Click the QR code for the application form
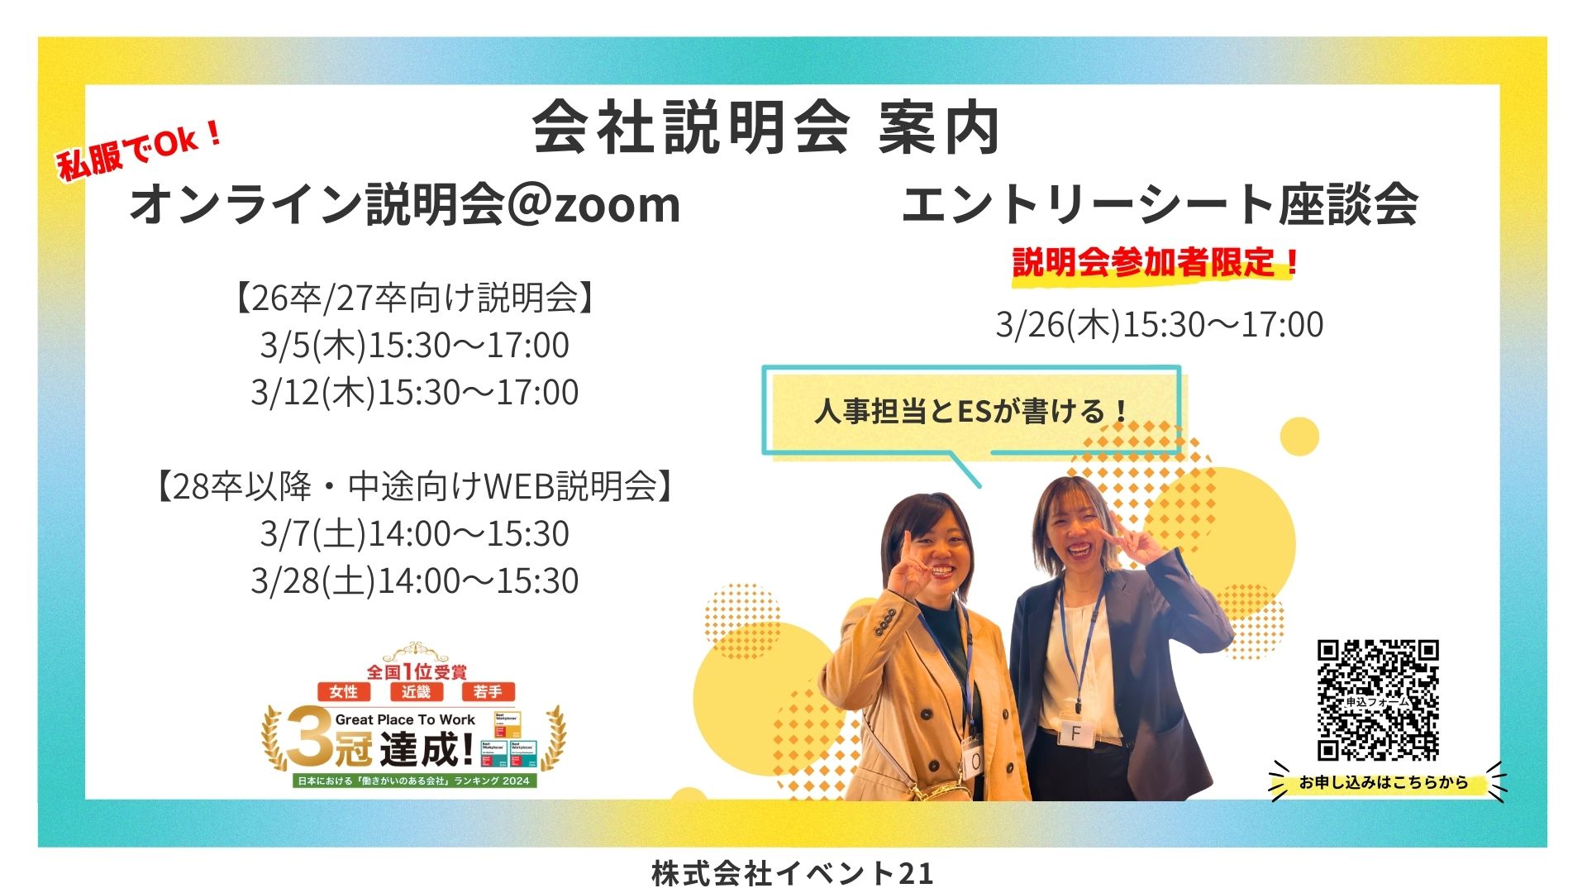point(1377,700)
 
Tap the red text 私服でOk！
point(140,150)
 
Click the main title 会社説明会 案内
point(765,129)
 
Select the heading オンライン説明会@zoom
point(405,204)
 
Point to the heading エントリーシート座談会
point(1159,204)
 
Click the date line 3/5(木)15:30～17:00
point(414,345)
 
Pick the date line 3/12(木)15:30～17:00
point(414,392)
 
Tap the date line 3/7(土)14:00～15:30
point(414,533)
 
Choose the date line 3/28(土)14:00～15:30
point(414,580)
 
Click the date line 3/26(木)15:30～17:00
point(1159,324)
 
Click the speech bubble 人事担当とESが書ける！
point(971,411)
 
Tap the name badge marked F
point(1075,733)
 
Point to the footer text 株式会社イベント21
point(792,873)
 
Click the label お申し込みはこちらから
point(1383,782)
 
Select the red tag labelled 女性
point(343,691)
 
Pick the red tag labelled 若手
point(488,691)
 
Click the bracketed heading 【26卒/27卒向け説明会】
point(414,298)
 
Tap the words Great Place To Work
point(405,719)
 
